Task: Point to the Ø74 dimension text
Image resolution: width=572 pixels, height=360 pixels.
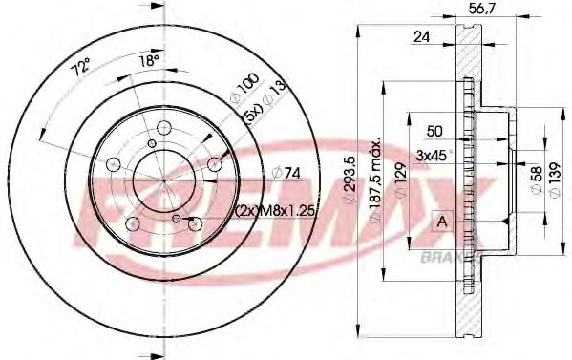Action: (x=287, y=172)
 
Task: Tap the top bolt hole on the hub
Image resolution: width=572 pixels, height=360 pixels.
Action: (x=163, y=129)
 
